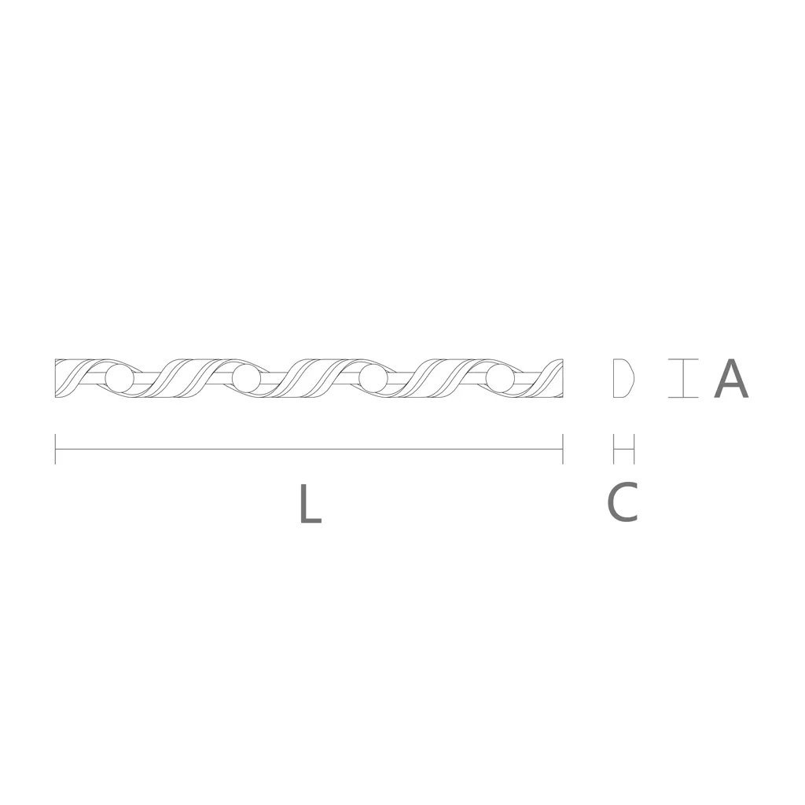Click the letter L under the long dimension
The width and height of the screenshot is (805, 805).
310,503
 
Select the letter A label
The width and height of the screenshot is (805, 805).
731,378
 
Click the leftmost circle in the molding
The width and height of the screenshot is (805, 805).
119,378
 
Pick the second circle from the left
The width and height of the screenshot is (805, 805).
246,378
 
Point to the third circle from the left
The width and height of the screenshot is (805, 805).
373,378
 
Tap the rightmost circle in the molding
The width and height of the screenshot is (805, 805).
500,378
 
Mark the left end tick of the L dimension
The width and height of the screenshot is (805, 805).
56,449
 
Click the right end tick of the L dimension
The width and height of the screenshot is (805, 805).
563,449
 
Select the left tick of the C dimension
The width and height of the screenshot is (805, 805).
613,449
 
